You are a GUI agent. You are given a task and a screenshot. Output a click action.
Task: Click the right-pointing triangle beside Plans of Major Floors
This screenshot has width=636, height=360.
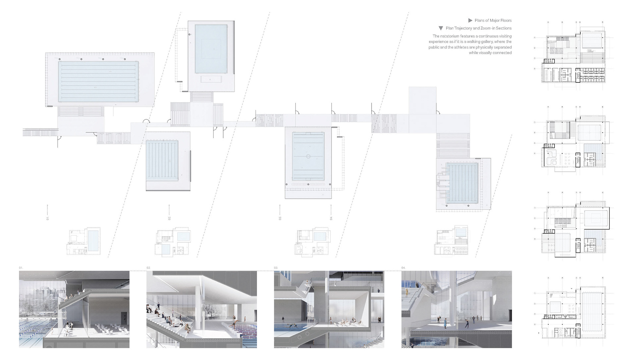point(470,21)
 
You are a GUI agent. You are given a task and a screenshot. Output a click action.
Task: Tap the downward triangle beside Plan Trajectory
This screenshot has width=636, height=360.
point(441,29)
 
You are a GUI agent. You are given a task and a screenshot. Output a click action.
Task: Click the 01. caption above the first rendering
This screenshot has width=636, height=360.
point(21,268)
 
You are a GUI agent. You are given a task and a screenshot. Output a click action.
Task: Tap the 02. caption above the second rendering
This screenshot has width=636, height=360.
point(149,268)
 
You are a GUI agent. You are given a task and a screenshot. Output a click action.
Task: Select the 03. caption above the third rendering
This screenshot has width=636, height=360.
point(276,268)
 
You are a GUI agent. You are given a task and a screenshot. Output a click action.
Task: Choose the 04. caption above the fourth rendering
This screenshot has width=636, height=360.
point(403,268)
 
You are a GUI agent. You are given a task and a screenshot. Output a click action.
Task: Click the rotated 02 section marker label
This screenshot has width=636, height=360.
point(169,218)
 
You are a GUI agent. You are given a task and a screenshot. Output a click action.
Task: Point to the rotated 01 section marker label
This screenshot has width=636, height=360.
point(48,218)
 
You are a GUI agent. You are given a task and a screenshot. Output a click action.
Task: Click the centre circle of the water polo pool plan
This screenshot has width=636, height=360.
point(308,156)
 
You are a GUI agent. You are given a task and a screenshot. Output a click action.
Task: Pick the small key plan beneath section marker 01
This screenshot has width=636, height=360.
point(83,241)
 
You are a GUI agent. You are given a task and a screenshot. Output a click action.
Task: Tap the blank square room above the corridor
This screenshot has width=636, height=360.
point(422,100)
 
